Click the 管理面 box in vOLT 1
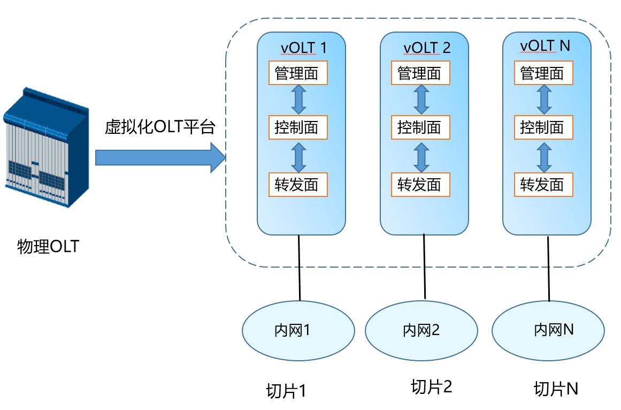click(x=297, y=73)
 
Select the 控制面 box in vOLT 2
click(x=420, y=127)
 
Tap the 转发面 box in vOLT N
click(x=543, y=184)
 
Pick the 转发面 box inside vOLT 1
click(x=297, y=184)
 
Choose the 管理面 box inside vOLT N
click(x=543, y=73)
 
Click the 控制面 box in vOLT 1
click(x=297, y=127)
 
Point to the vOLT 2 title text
click(x=427, y=48)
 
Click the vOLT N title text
click(x=545, y=46)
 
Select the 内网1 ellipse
click(x=298, y=330)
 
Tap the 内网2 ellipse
click(x=421, y=330)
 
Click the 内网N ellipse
click(x=548, y=329)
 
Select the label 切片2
click(x=431, y=386)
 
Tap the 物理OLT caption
click(x=48, y=247)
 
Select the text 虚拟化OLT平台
click(x=160, y=127)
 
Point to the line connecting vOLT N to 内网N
click(x=548, y=268)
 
